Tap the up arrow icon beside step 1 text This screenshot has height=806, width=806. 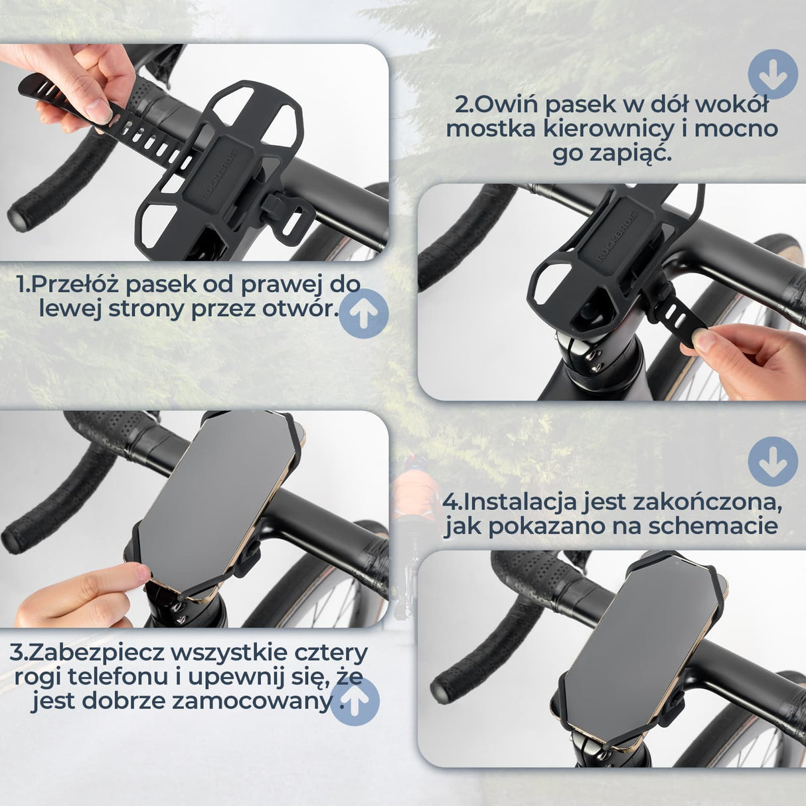363,313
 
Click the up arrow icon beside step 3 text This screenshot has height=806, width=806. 355,701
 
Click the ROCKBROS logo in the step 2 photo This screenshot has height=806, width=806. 615,238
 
